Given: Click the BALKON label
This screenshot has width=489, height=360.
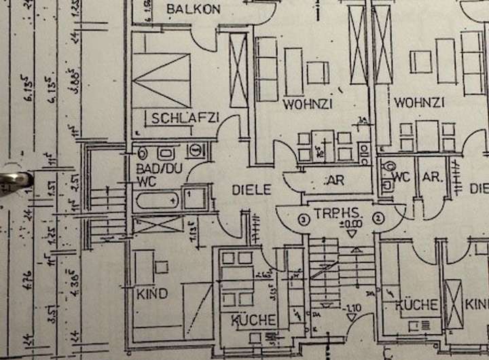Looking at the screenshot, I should point(194,10).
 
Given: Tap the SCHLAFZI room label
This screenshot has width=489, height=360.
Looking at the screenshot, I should point(185,118).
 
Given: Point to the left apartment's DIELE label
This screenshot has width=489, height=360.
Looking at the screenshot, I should point(251,190).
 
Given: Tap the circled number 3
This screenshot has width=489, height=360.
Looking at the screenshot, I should point(304,218).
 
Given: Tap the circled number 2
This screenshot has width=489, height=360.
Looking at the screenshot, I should point(380,217).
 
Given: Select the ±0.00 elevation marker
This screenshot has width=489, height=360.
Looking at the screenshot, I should point(352,222).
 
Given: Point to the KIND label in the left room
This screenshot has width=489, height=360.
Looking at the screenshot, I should point(151,294).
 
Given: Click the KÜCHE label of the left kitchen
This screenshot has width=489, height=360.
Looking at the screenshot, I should point(253,319).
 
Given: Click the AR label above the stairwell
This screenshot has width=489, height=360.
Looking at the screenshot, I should point(335,181).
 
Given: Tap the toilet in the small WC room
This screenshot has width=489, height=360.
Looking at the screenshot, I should point(388,166).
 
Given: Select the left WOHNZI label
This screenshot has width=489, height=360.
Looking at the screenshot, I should point(308,105).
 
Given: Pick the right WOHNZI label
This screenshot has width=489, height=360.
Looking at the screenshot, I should point(419,103).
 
